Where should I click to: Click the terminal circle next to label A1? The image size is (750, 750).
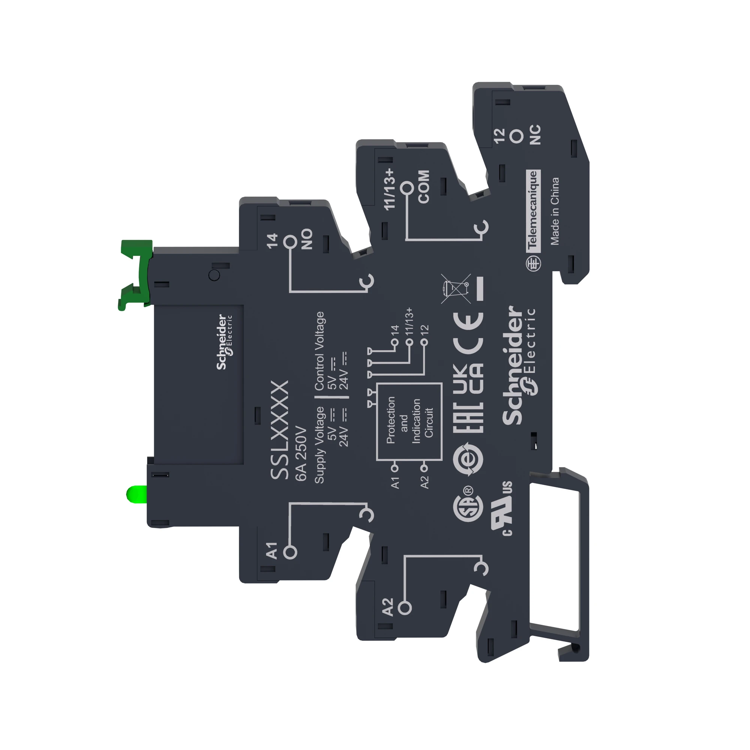(x=290, y=552)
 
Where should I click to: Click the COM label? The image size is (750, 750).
(x=424, y=186)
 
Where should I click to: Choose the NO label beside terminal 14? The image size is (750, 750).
(x=307, y=239)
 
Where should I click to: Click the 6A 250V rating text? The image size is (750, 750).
(x=301, y=454)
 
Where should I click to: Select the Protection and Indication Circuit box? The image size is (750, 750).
(x=409, y=421)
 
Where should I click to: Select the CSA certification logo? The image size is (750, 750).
(x=468, y=509)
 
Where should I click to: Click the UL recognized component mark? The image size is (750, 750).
(x=502, y=509)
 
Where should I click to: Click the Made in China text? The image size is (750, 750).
(x=555, y=211)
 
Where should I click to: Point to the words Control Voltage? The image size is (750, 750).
(x=319, y=351)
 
